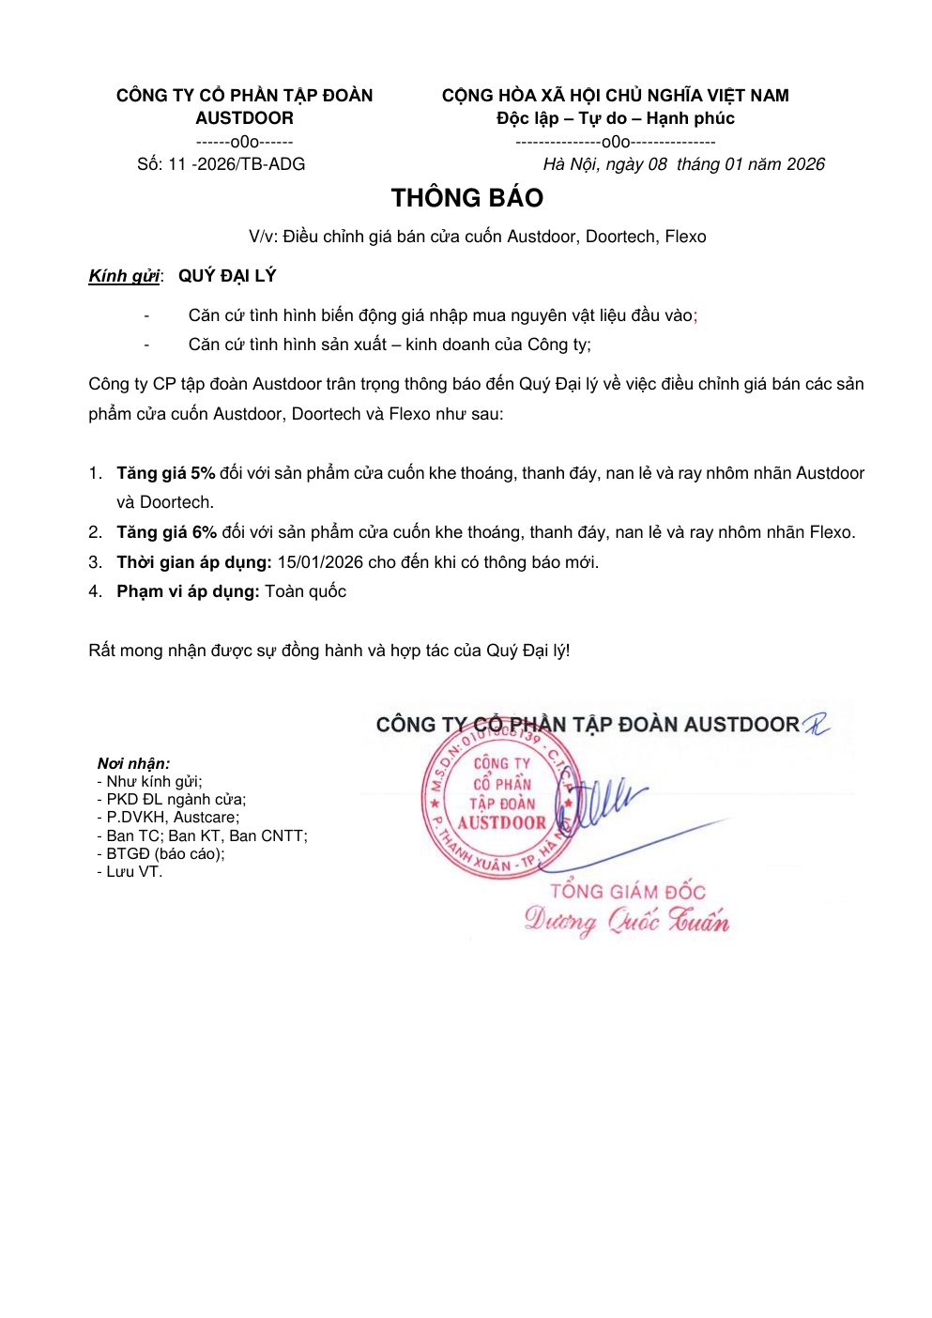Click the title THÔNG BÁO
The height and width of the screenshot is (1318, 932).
click(x=467, y=198)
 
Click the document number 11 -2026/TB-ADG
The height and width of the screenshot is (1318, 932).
click(x=237, y=164)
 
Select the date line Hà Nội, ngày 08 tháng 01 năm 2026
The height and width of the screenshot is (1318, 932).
click(x=683, y=164)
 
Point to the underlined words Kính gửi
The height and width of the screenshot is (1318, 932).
click(x=124, y=276)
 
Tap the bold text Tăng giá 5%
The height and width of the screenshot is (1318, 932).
click(x=166, y=473)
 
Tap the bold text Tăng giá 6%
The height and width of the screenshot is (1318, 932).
click(x=166, y=532)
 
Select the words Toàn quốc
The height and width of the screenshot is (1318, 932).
click(x=305, y=591)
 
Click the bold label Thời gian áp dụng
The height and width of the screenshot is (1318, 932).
click(x=194, y=562)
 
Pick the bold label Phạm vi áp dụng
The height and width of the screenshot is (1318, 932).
click(x=188, y=591)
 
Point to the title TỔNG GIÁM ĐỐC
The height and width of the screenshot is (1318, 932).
click(x=627, y=891)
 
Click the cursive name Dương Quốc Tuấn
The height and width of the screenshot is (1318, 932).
click(x=626, y=920)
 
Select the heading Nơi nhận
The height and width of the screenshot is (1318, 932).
click(x=133, y=763)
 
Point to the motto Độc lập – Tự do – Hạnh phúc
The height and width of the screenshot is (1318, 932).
click(x=615, y=118)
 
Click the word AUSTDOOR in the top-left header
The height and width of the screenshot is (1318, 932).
click(x=244, y=118)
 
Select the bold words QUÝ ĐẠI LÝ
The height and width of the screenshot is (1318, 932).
click(x=227, y=276)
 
